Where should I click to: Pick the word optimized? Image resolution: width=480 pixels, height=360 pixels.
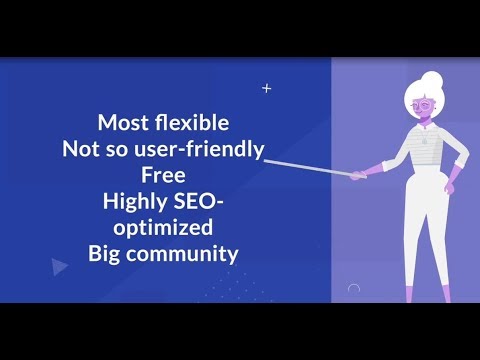(x=163, y=229)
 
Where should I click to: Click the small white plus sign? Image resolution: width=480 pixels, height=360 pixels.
(x=266, y=88)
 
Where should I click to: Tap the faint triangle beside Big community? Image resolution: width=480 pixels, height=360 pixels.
(x=59, y=266)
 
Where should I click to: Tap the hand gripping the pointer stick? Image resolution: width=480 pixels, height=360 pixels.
(x=357, y=174)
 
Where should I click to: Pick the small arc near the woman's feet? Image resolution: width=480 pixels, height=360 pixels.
(x=353, y=289)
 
